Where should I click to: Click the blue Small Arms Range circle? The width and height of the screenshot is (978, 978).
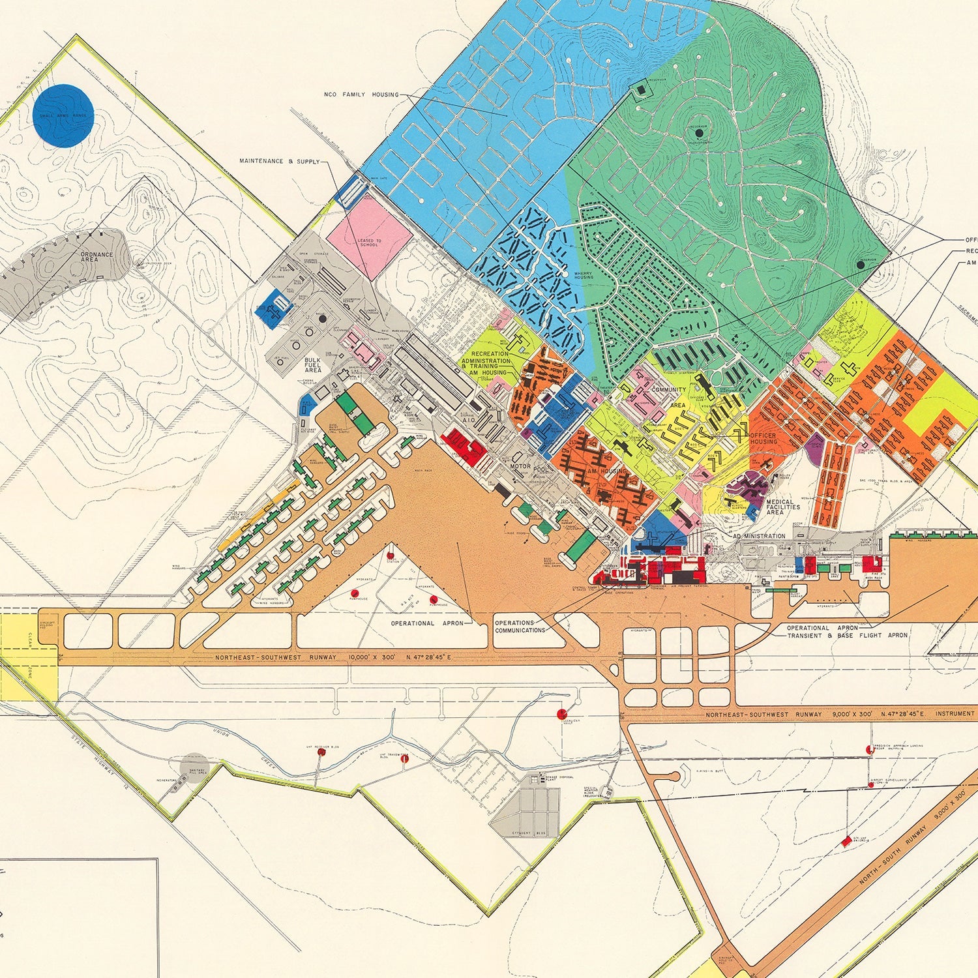(63, 115)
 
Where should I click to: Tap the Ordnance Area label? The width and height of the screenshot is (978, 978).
(96, 257)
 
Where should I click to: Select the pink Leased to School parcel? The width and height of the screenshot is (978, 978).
(369, 235)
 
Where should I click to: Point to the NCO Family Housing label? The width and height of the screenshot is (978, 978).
(361, 95)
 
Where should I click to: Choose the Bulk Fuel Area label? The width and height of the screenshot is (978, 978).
(313, 365)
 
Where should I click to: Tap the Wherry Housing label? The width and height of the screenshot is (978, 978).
(584, 276)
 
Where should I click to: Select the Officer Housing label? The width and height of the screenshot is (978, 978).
(763, 438)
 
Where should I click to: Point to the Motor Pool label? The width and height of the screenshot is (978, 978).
(531, 467)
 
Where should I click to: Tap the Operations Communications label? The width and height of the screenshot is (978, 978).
(520, 627)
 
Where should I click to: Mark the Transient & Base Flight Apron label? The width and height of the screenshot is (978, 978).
(847, 635)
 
